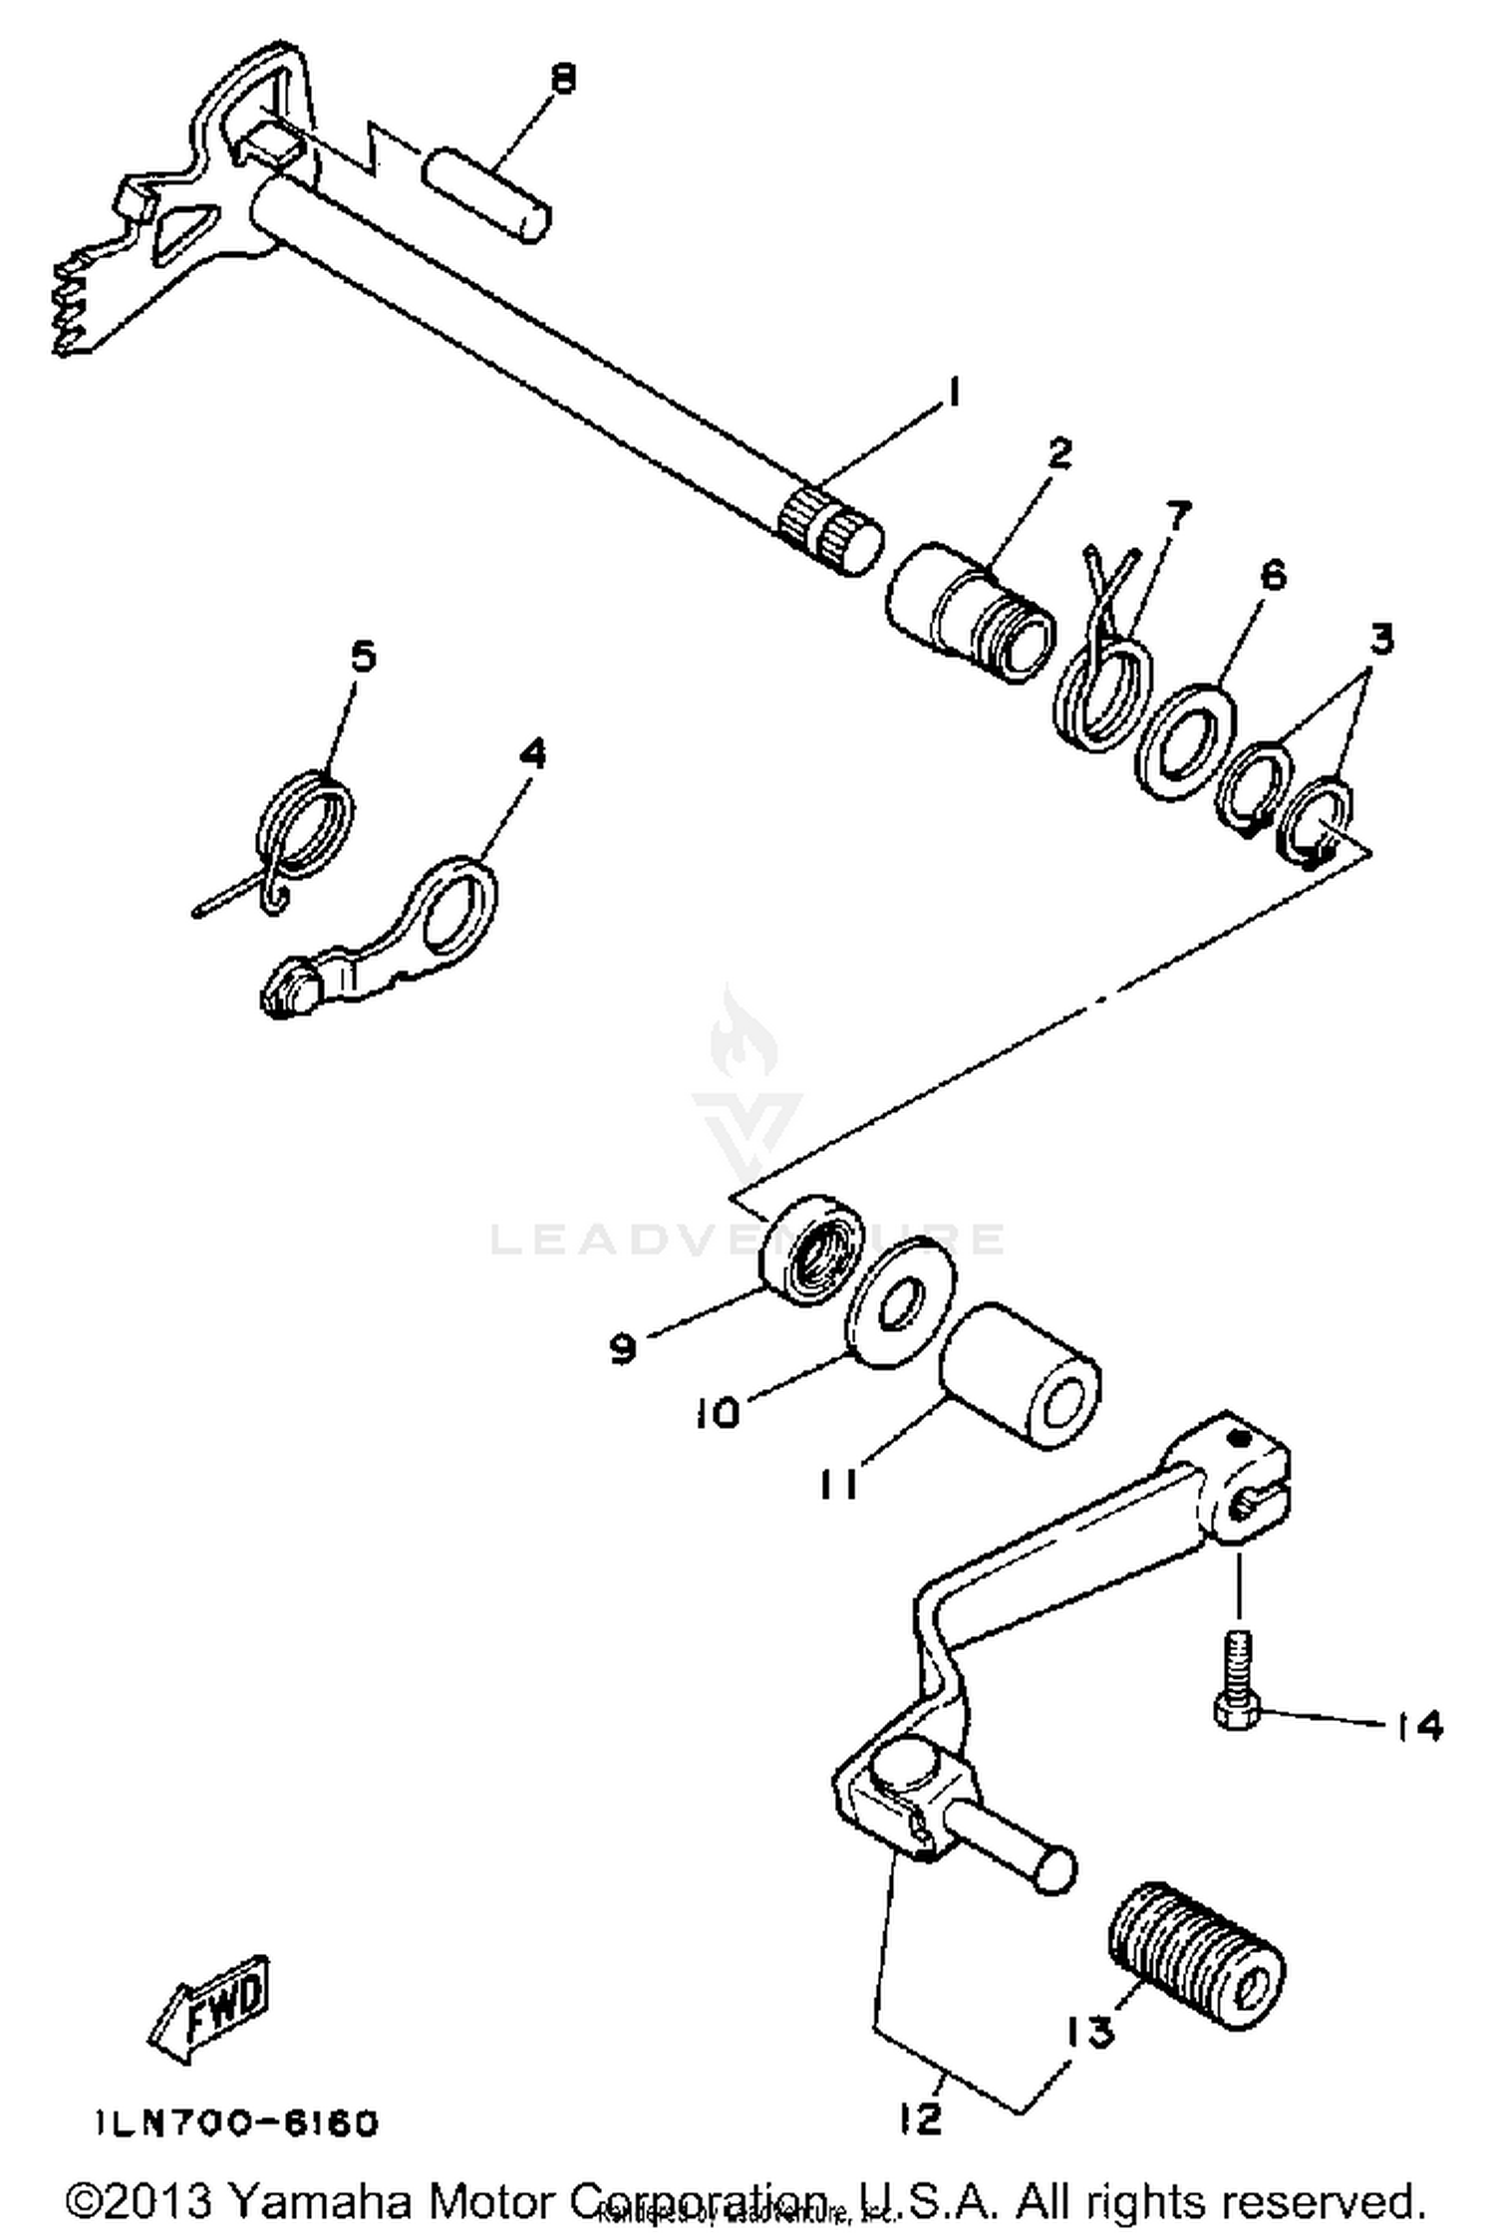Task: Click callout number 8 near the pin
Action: (563, 78)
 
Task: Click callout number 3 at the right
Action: (1380, 639)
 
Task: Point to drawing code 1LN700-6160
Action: (237, 2123)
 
